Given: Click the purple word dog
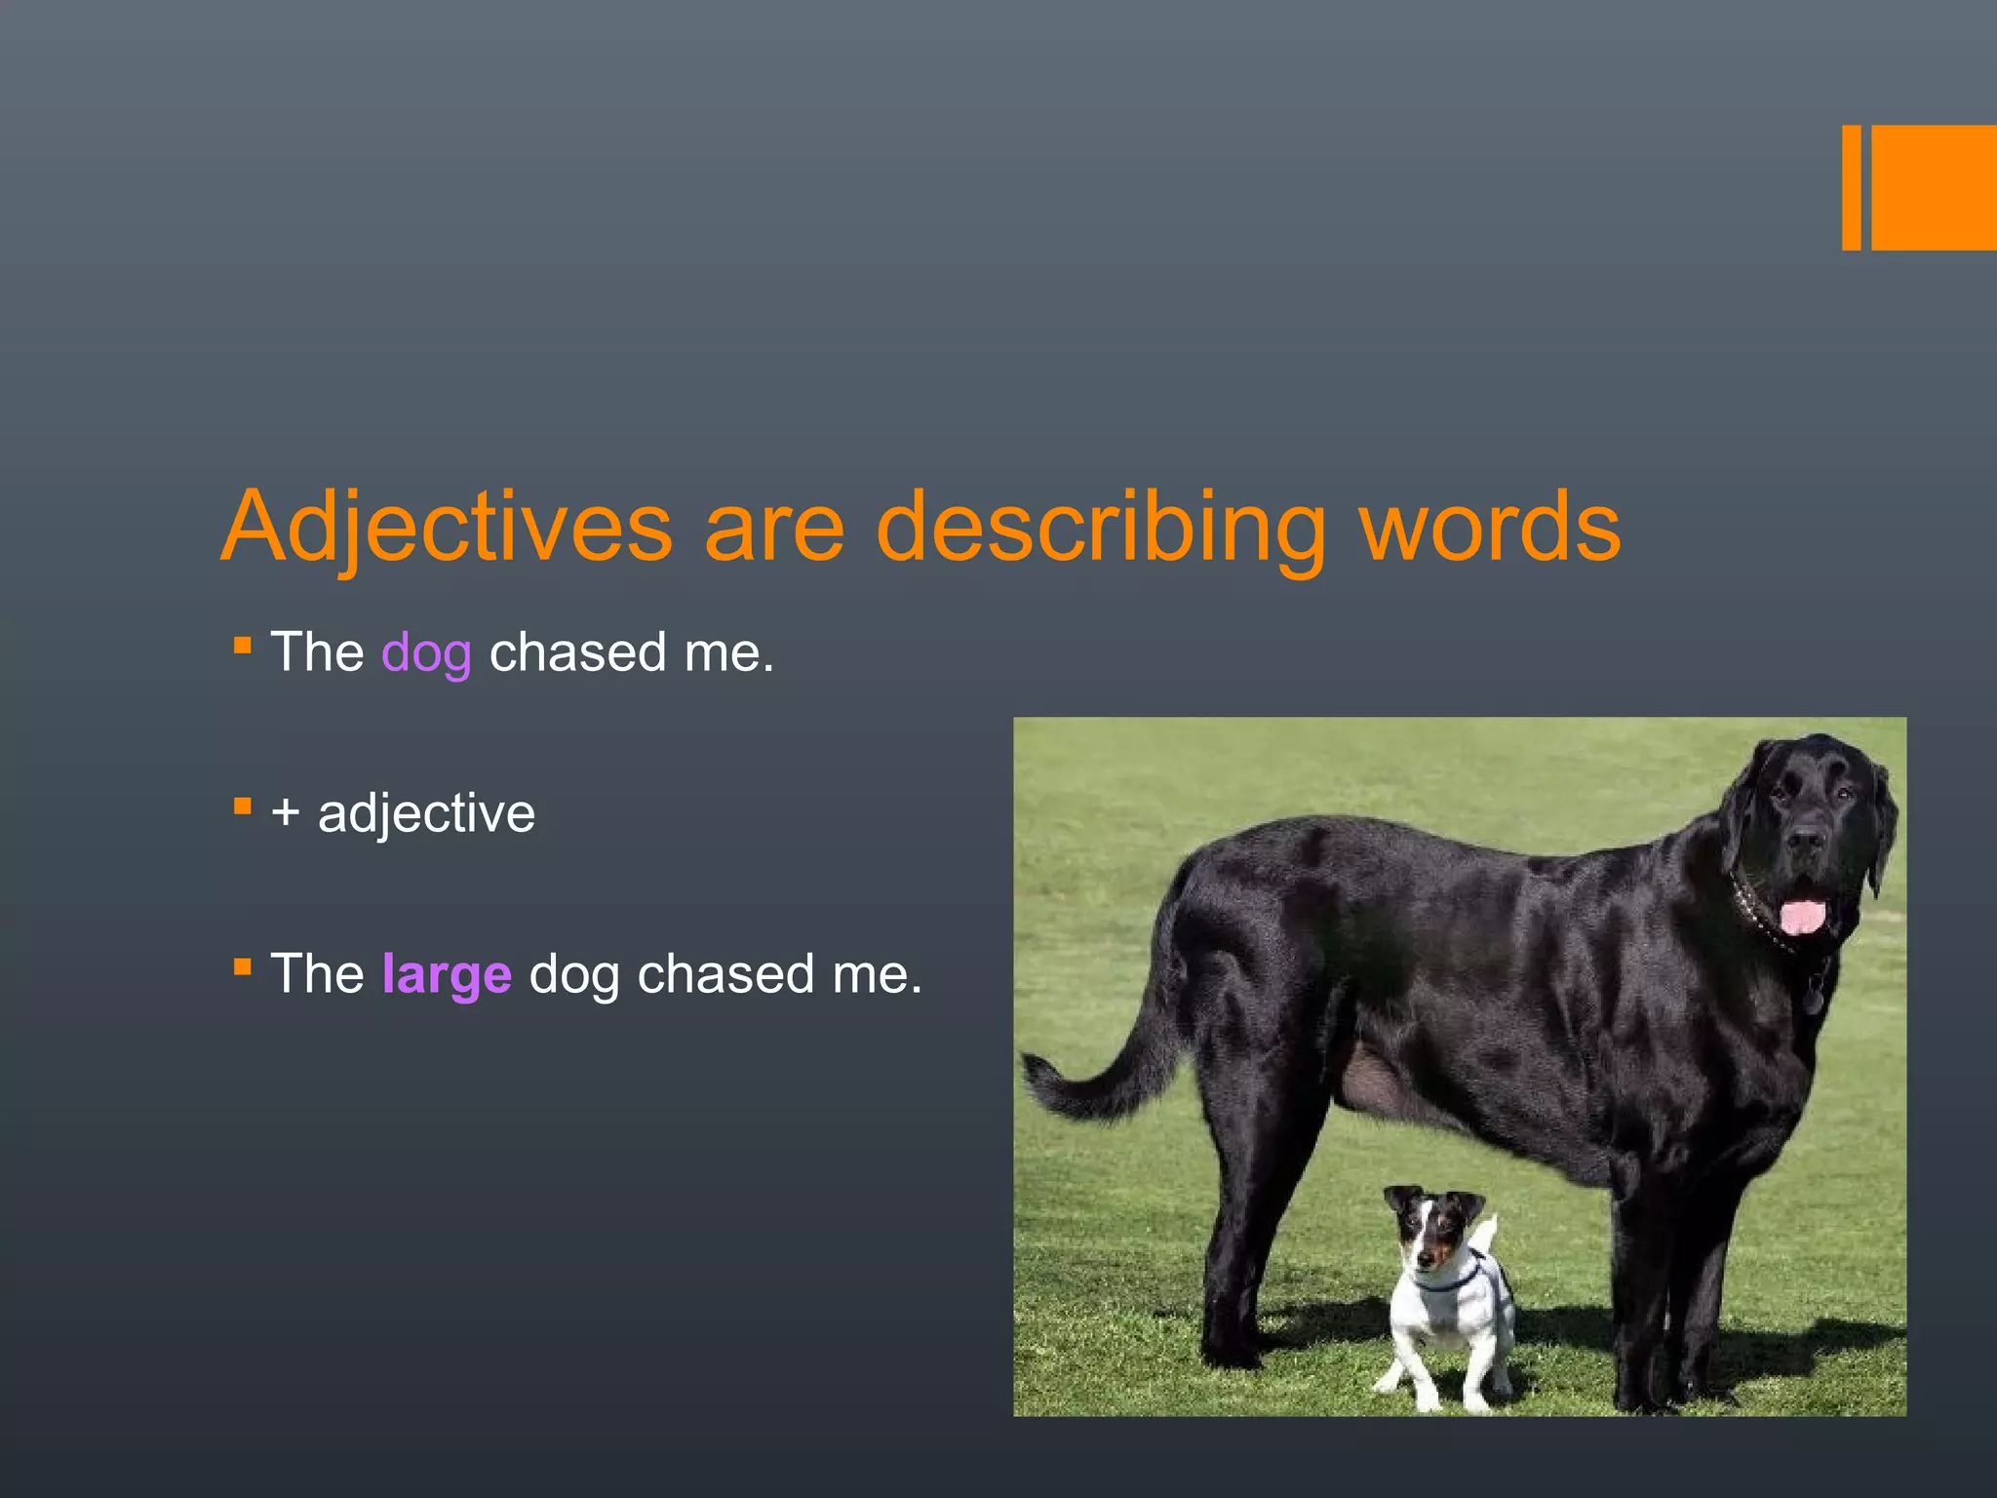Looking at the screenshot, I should tap(426, 653).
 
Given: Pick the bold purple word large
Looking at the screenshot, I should tap(447, 974).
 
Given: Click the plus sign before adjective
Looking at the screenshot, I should tap(286, 812).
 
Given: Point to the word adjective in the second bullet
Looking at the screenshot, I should tap(426, 813).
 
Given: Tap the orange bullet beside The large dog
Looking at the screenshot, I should tap(243, 967).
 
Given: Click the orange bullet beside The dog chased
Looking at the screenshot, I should tap(243, 646).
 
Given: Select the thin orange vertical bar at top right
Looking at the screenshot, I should tap(1851, 187).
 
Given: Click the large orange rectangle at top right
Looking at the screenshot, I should tap(1934, 187).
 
